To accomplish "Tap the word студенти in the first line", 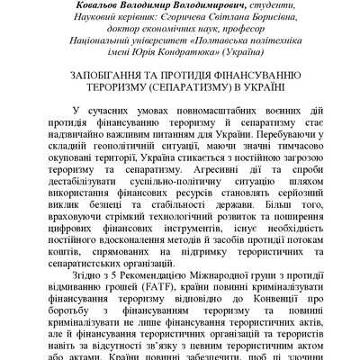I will coord(272,4).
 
